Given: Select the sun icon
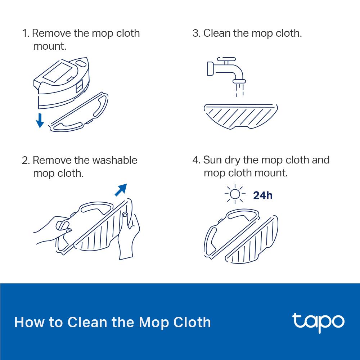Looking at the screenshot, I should click(x=235, y=194).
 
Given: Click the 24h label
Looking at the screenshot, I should click(x=263, y=195).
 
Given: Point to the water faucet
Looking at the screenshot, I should click(x=225, y=68).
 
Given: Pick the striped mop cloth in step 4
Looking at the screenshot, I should click(x=252, y=241).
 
